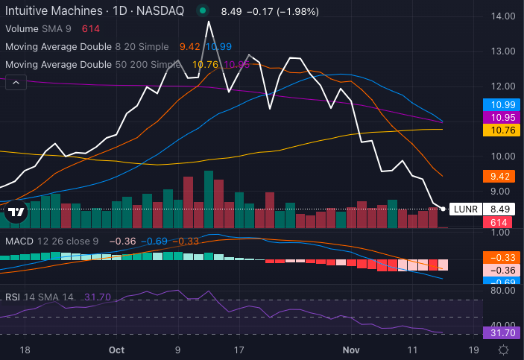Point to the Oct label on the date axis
[x=116, y=349]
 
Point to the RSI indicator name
[x=13, y=297]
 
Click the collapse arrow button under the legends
[x=16, y=82]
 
